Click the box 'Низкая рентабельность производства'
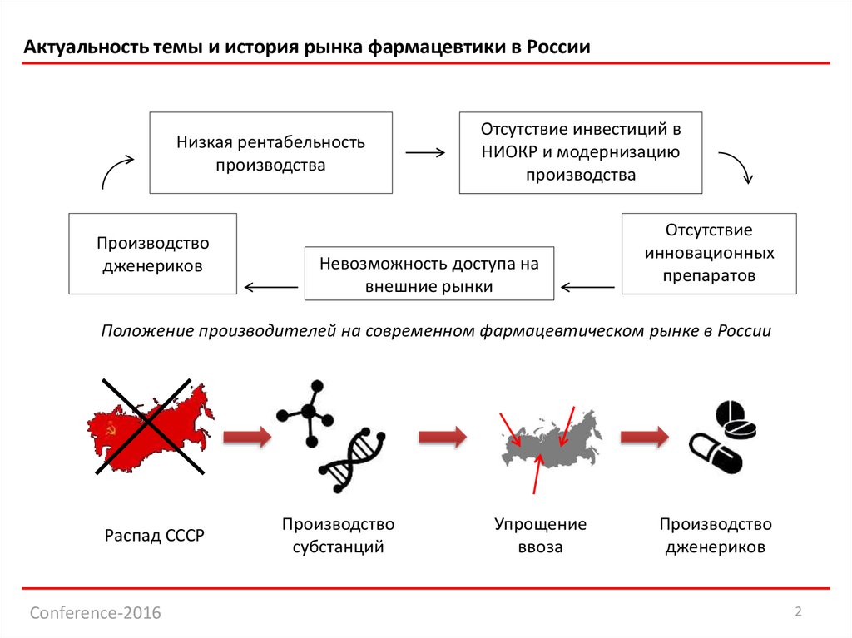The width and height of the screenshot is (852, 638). point(270,153)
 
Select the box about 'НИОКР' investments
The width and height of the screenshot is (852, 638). point(581,153)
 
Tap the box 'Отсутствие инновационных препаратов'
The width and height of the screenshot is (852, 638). point(709,253)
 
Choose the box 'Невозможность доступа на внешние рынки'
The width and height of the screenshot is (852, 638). point(429,274)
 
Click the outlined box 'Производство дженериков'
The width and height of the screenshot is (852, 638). point(152,254)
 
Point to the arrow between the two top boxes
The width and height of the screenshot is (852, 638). point(425,153)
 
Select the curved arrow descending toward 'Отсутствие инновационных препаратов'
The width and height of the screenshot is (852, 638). point(736,166)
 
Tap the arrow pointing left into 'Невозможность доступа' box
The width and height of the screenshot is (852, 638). point(588,288)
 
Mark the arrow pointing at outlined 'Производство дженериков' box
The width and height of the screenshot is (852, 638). point(270,288)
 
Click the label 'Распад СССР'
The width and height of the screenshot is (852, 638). point(154,536)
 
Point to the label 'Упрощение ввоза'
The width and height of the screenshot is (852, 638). point(540,536)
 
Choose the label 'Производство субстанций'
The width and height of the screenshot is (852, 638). point(338,536)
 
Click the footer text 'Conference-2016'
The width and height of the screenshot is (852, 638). point(96,614)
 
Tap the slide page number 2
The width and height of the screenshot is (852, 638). point(798,612)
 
